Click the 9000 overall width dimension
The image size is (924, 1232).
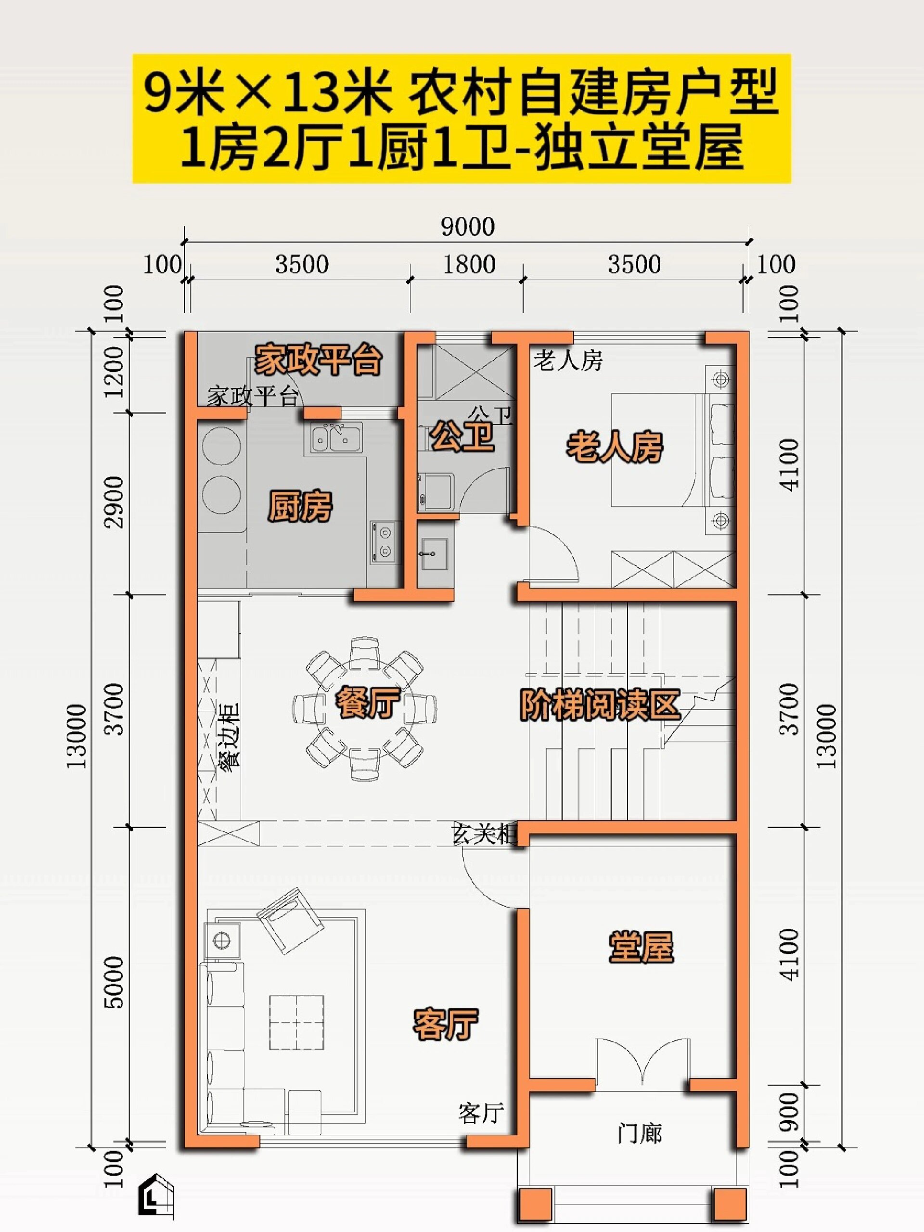tap(467, 227)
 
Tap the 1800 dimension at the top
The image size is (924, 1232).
tap(468, 265)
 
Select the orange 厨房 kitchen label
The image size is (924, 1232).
tap(300, 506)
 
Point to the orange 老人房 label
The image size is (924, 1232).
tap(615, 447)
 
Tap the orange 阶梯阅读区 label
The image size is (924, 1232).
tap(600, 705)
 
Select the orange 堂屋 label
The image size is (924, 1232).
tap(641, 946)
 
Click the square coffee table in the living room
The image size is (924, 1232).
tap(297, 1023)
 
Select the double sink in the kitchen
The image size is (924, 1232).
tap(333, 436)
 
